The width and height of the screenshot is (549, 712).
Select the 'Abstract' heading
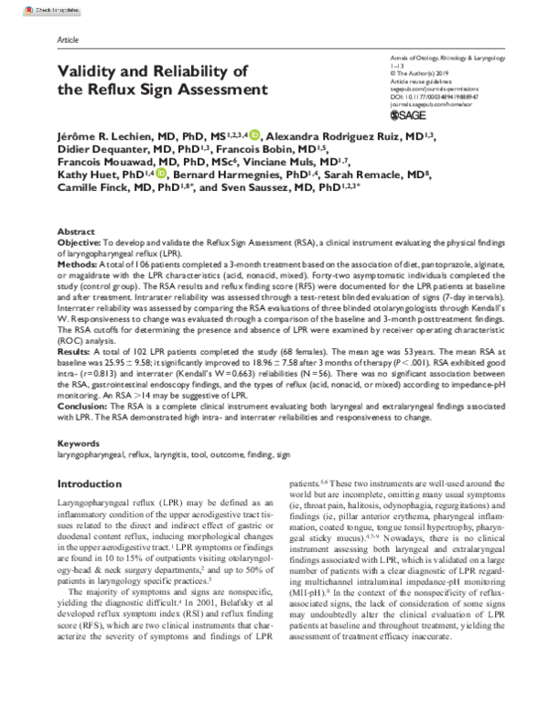pyautogui.click(x=75, y=234)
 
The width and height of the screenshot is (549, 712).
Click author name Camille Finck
pyautogui.click(x=97, y=186)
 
